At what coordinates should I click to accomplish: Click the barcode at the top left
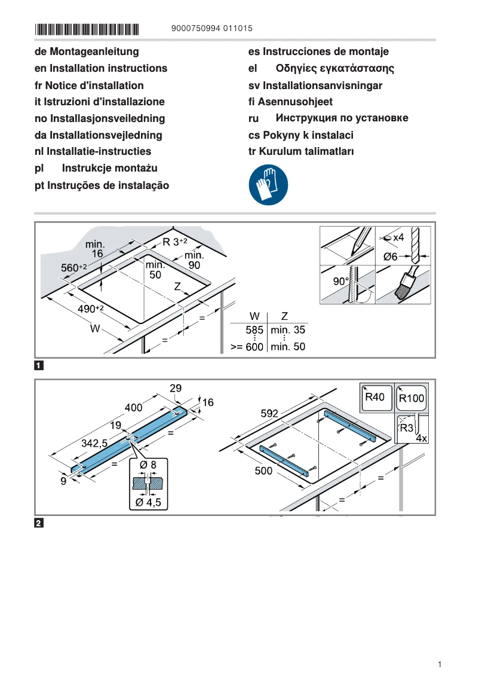click(87, 28)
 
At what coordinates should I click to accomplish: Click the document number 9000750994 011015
click(211, 28)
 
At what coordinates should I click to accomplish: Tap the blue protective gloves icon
click(268, 185)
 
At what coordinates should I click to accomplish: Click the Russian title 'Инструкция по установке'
click(342, 118)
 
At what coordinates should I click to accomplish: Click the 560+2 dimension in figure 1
click(74, 268)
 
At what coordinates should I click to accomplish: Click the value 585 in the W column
click(254, 329)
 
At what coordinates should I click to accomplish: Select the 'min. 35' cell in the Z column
click(288, 329)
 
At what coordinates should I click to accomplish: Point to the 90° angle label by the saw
click(340, 281)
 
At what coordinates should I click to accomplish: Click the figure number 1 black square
click(39, 365)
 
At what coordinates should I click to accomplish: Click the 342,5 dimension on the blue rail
click(94, 444)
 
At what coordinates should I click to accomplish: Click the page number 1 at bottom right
click(439, 664)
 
